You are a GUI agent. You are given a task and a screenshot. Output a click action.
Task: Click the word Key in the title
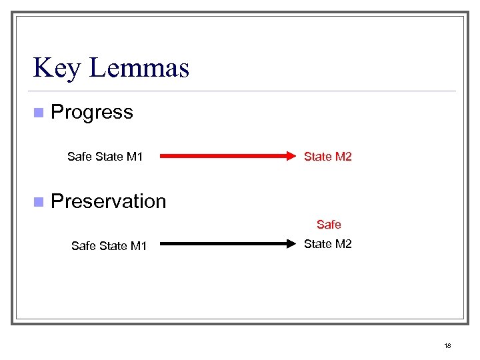[x=56, y=67]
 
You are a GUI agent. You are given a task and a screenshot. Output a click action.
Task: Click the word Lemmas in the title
[x=138, y=67]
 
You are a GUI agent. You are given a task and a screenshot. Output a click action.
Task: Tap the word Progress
[x=92, y=112]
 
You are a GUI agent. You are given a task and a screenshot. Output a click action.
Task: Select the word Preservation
[x=108, y=201]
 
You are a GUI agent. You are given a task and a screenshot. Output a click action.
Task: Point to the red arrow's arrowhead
[x=291, y=157]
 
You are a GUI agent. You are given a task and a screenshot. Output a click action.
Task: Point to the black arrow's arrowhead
[x=291, y=244]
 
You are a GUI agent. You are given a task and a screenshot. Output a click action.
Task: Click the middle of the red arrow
[x=227, y=157]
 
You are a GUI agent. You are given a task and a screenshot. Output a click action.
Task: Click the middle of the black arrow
[x=227, y=244]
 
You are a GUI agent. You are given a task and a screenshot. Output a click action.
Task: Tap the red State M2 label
[x=327, y=157]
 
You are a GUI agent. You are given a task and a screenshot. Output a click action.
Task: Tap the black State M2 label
[x=327, y=244]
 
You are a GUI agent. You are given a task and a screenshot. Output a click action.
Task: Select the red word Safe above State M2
[x=329, y=225]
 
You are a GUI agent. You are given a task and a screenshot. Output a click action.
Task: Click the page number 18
[x=447, y=345]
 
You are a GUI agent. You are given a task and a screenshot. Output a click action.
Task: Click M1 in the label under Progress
[x=135, y=157]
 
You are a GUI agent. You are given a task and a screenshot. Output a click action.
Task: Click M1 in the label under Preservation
[x=139, y=246]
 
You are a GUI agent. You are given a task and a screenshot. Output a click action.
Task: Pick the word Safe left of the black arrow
[x=83, y=246]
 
